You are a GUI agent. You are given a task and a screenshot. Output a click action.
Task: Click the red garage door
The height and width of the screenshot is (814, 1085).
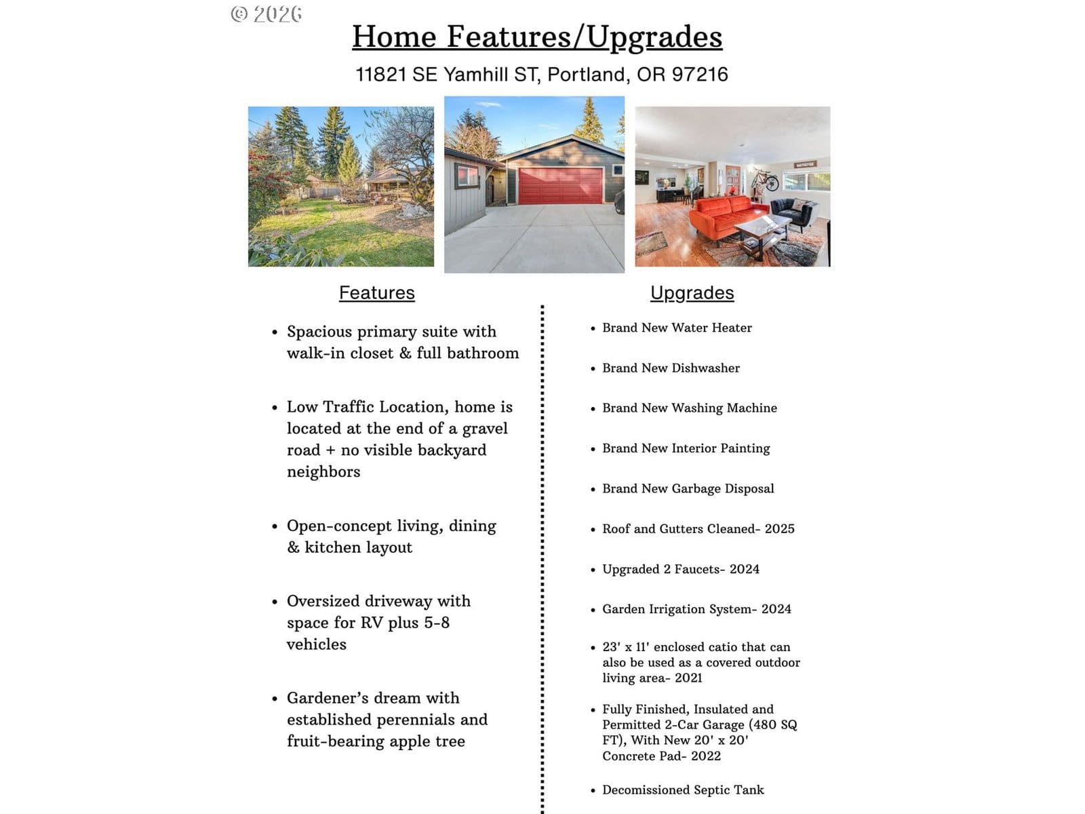560,185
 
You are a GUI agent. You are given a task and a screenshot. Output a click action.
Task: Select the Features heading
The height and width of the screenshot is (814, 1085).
376,292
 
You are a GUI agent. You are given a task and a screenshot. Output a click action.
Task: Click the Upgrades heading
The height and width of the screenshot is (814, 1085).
692,292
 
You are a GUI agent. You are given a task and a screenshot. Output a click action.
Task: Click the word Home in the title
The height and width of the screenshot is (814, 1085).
394,37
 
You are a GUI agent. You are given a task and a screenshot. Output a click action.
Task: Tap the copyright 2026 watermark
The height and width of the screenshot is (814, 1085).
267,14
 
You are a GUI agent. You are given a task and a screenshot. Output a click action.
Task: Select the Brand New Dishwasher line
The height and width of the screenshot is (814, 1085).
671,368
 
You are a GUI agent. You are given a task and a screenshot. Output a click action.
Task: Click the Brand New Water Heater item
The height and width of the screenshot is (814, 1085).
677,328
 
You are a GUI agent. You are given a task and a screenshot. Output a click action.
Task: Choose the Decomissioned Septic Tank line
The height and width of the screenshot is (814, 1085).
683,790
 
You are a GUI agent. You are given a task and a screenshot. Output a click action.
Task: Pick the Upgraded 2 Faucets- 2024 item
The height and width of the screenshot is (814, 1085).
680,569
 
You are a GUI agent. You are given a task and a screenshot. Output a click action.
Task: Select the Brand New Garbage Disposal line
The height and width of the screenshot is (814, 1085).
688,488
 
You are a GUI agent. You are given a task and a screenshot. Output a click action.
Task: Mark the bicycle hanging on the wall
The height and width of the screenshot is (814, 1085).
764,180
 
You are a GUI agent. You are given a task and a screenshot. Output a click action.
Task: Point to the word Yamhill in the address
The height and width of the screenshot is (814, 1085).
476,74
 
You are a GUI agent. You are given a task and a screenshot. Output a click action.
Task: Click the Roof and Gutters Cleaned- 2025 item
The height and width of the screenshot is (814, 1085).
698,528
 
